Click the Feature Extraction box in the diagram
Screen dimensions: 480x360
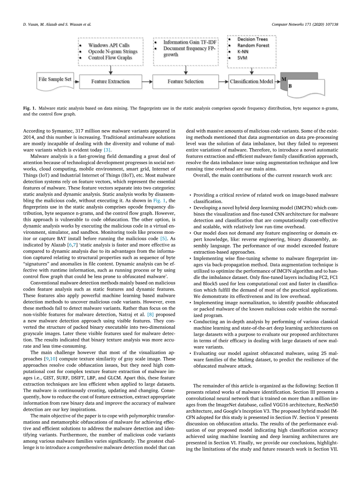coord(111,82)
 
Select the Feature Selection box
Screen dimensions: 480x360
coord(185,82)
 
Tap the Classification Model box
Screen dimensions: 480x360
coord(252,82)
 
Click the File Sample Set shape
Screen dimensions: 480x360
coord(55,79)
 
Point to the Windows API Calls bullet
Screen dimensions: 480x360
coord(109,46)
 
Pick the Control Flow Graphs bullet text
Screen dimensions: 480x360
coord(110,58)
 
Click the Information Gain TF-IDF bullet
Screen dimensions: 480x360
coord(190,42)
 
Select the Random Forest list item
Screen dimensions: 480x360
coord(253,46)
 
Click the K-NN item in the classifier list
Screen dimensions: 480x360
coord(243,52)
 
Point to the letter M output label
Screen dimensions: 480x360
coord(284,79)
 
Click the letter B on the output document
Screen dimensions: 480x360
coord(290,86)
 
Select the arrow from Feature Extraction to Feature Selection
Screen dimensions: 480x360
coord(148,82)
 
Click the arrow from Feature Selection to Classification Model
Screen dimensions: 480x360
coord(223,82)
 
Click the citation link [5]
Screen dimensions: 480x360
coord(164,238)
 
